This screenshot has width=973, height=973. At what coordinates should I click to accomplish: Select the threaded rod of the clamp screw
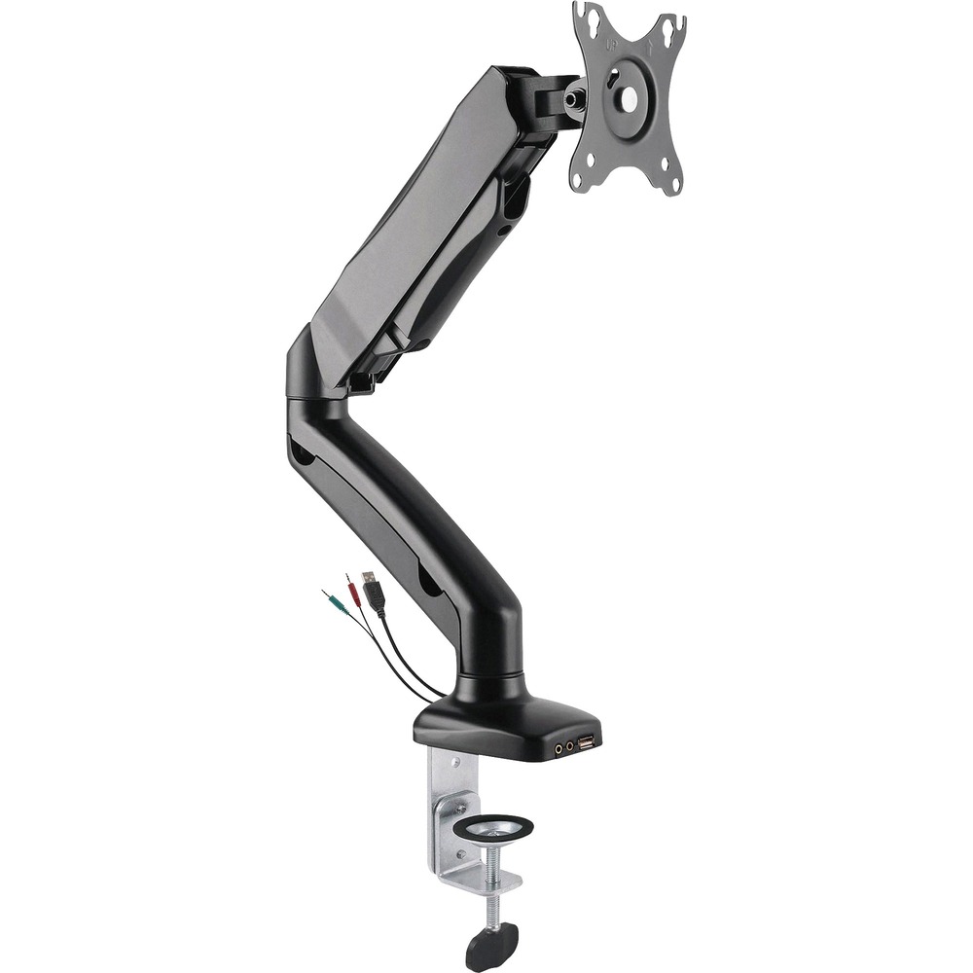coord(496,890)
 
